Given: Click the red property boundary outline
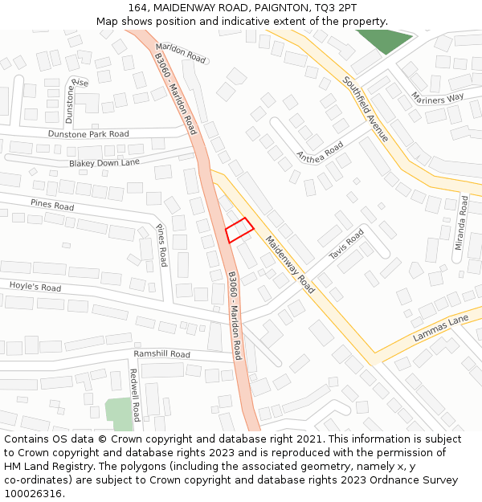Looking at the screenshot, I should tap(239, 231).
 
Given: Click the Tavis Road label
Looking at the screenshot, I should tap(346, 244).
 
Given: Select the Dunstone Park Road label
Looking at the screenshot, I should tap(88, 134).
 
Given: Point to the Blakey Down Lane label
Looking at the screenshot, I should tap(104, 162).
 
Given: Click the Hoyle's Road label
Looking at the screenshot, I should tap(35, 287).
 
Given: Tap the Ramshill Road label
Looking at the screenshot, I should tap(161, 354).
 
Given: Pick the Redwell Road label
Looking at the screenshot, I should tap(135, 394).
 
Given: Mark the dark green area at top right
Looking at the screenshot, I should tap(383, 40).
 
